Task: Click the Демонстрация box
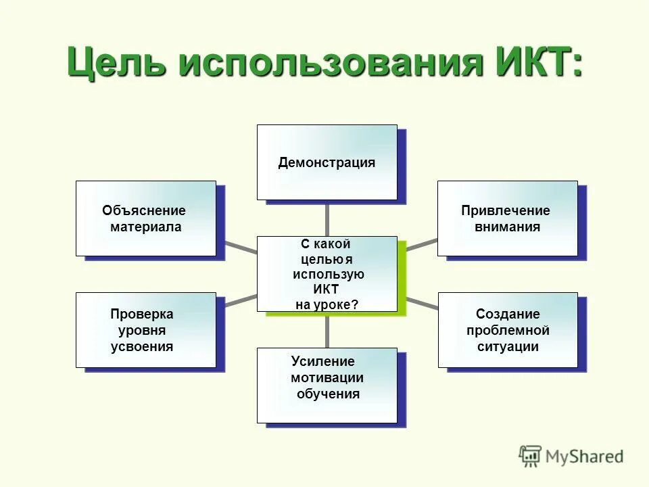327,162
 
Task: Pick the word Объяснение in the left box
144,211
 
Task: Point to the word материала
146,227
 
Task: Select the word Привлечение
506,211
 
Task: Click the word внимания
507,227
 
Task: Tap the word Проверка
142,315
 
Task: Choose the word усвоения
142,347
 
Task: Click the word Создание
508,315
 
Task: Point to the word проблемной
508,331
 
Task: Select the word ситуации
508,347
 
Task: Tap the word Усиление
322,362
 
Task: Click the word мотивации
327,378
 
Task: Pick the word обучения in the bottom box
328,394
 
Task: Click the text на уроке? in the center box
327,305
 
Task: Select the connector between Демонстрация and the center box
327,218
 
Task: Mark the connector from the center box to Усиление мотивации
327,329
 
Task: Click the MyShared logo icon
531,456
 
